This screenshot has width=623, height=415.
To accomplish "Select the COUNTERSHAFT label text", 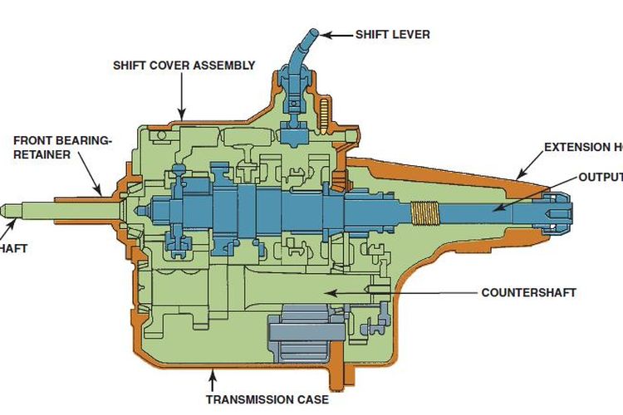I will (528, 292).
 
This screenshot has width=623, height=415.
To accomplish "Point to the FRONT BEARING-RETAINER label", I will (61, 147).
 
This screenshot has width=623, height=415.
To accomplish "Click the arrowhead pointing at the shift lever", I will (326, 34).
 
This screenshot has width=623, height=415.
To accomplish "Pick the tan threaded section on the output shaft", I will (424, 214).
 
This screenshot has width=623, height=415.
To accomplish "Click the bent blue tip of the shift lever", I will (309, 34).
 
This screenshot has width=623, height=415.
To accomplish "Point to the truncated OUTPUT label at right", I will (600, 177).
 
